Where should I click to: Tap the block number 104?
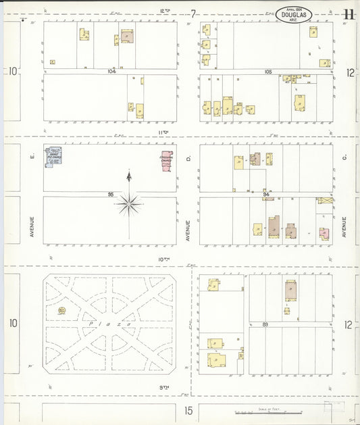tap(111, 71)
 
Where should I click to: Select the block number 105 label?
tap(268, 71)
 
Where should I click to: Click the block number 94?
tap(267, 194)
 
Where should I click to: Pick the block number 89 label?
tap(266, 324)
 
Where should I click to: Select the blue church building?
tap(53, 155)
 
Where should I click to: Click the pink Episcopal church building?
tap(166, 160)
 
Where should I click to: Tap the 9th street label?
tap(162, 386)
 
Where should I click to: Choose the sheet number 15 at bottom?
tap(189, 410)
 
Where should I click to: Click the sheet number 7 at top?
tap(193, 14)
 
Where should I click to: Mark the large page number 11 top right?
tap(349, 14)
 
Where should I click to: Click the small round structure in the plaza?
tap(61, 310)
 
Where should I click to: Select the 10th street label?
tap(162, 259)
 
